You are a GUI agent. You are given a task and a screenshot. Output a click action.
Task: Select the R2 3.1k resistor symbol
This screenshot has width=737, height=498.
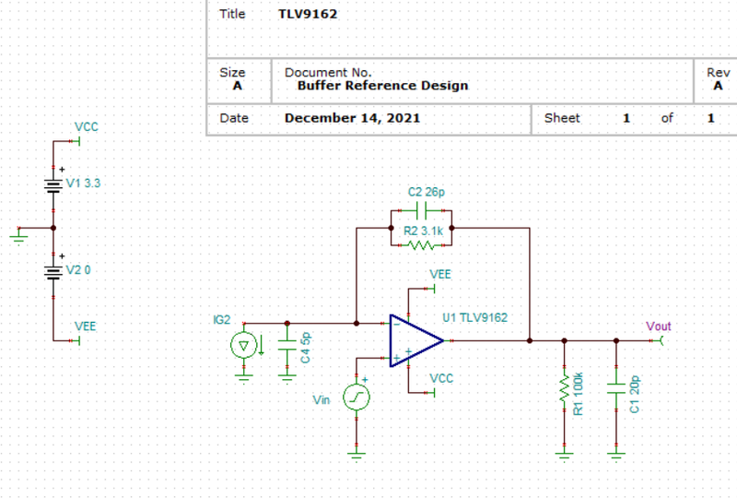[421, 245]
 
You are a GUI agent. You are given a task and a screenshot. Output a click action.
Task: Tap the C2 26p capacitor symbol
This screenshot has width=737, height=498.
[421, 210]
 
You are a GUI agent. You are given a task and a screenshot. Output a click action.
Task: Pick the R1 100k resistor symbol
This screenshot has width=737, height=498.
[564, 388]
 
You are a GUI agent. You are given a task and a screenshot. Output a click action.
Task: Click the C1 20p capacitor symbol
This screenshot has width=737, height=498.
[616, 388]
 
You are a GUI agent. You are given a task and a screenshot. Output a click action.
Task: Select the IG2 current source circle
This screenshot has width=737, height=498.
[243, 346]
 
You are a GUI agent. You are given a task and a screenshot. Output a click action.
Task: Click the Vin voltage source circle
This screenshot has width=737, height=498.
[357, 397]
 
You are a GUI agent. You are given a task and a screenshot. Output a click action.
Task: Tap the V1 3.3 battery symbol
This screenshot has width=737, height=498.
[53, 185]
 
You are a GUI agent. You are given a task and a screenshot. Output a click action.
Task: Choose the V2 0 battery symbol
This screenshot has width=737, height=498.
[53, 272]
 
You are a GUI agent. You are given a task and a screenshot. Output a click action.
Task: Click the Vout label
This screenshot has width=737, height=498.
[658, 326]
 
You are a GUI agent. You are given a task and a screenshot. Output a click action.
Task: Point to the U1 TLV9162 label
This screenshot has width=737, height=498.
[474, 318]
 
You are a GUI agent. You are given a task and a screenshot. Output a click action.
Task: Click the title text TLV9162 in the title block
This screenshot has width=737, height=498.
[308, 14]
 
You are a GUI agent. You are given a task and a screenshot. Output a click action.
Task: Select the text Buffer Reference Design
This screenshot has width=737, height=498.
[383, 86]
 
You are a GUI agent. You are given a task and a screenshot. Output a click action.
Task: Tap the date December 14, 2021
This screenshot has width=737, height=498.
[353, 118]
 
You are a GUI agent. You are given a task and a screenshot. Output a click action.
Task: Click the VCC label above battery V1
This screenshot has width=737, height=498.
[87, 127]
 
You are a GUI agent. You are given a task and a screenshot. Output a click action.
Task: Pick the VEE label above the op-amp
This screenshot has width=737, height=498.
[440, 275]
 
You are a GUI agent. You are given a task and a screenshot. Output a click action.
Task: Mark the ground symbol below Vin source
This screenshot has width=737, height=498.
[357, 455]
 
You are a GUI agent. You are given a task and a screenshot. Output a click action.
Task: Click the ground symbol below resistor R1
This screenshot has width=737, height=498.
[564, 455]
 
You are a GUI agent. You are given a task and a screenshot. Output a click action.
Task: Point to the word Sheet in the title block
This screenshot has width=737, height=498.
[562, 118]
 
